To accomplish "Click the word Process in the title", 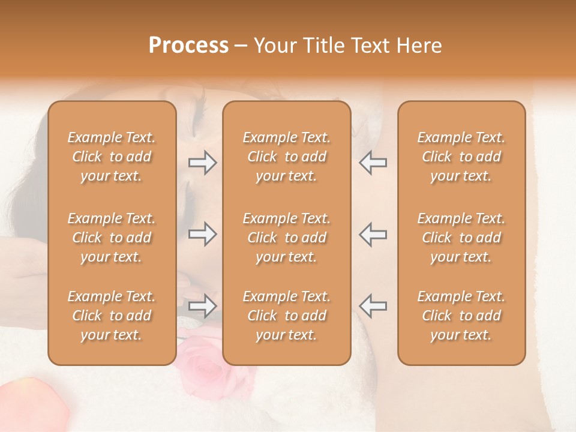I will click(188, 46).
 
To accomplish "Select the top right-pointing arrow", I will click(203, 163).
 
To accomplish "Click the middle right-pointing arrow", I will click(203, 234).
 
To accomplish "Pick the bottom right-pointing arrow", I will click(203, 306).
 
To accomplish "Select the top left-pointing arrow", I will click(373, 163).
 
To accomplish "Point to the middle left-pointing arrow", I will click(373, 234).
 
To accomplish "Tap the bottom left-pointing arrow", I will click(373, 306).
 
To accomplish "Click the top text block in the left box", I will click(112, 157).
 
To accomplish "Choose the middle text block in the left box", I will click(112, 238).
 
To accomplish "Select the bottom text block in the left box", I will click(112, 316).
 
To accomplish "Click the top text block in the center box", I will click(287, 157).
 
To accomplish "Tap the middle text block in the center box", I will click(287, 238).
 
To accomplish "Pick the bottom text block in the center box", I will click(287, 316).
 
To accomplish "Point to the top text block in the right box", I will click(461, 157).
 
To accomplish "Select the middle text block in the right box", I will click(461, 238).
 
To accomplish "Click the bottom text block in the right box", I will click(461, 316).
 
